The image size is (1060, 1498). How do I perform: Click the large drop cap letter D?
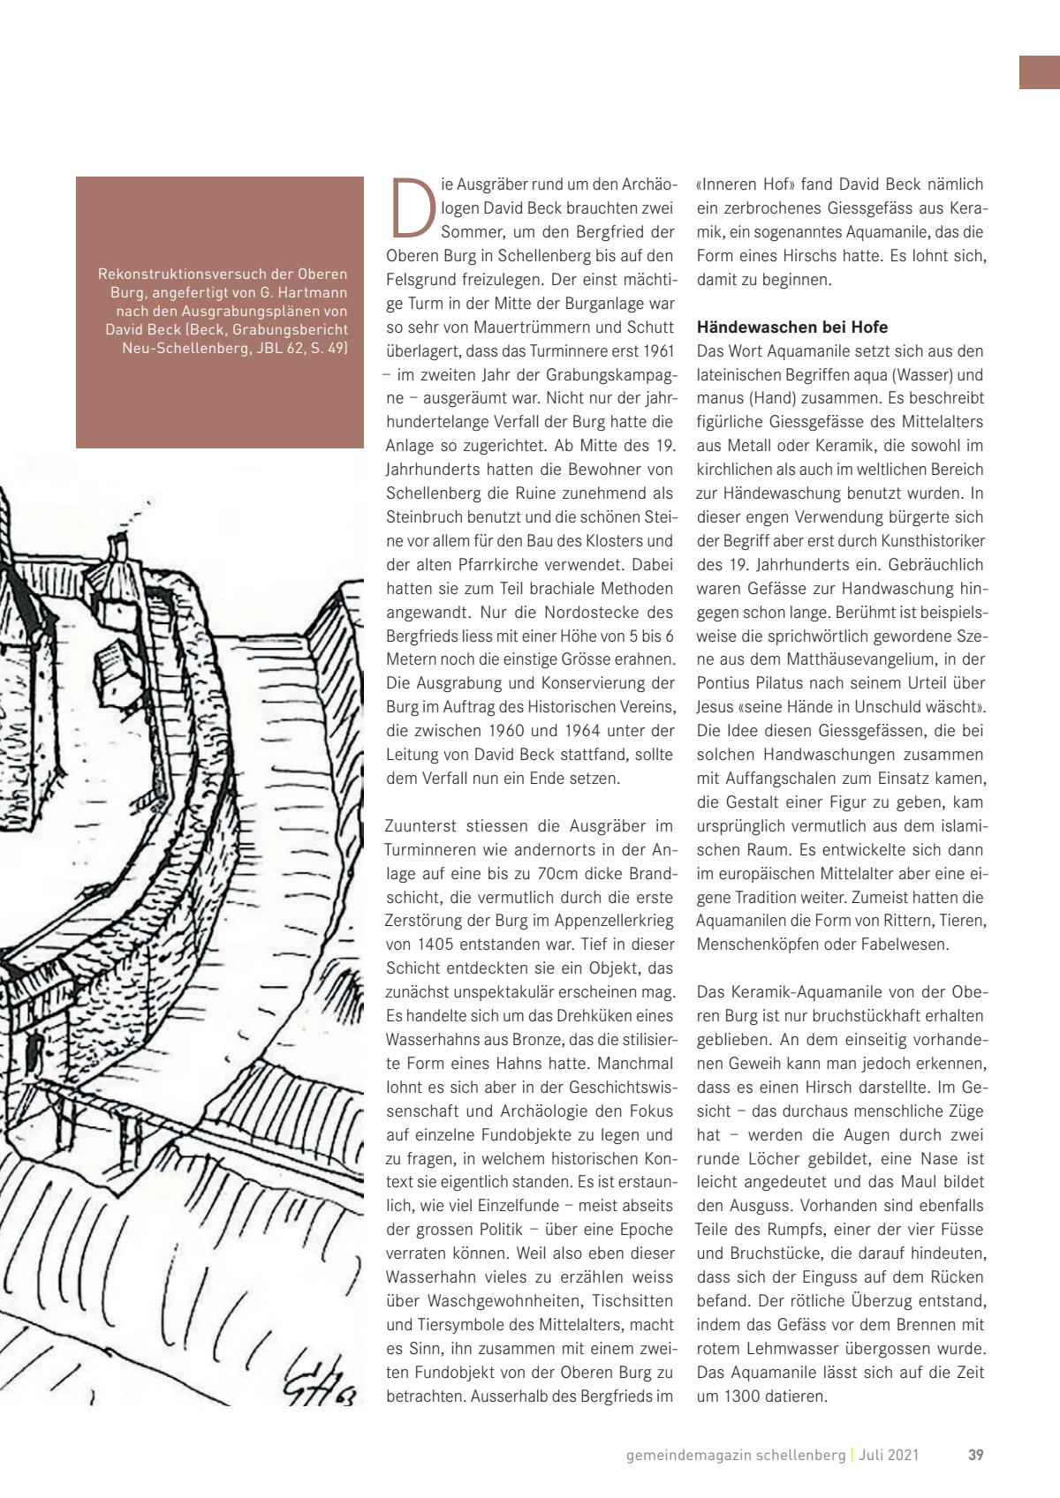413,208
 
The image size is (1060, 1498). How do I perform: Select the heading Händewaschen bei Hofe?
792,327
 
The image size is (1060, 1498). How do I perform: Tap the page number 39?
975,1455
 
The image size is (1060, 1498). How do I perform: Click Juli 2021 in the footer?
890,1455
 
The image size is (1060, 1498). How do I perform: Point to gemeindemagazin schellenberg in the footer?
735,1455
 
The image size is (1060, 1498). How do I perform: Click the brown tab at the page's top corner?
1040,72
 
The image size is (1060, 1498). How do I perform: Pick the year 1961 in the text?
658,351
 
